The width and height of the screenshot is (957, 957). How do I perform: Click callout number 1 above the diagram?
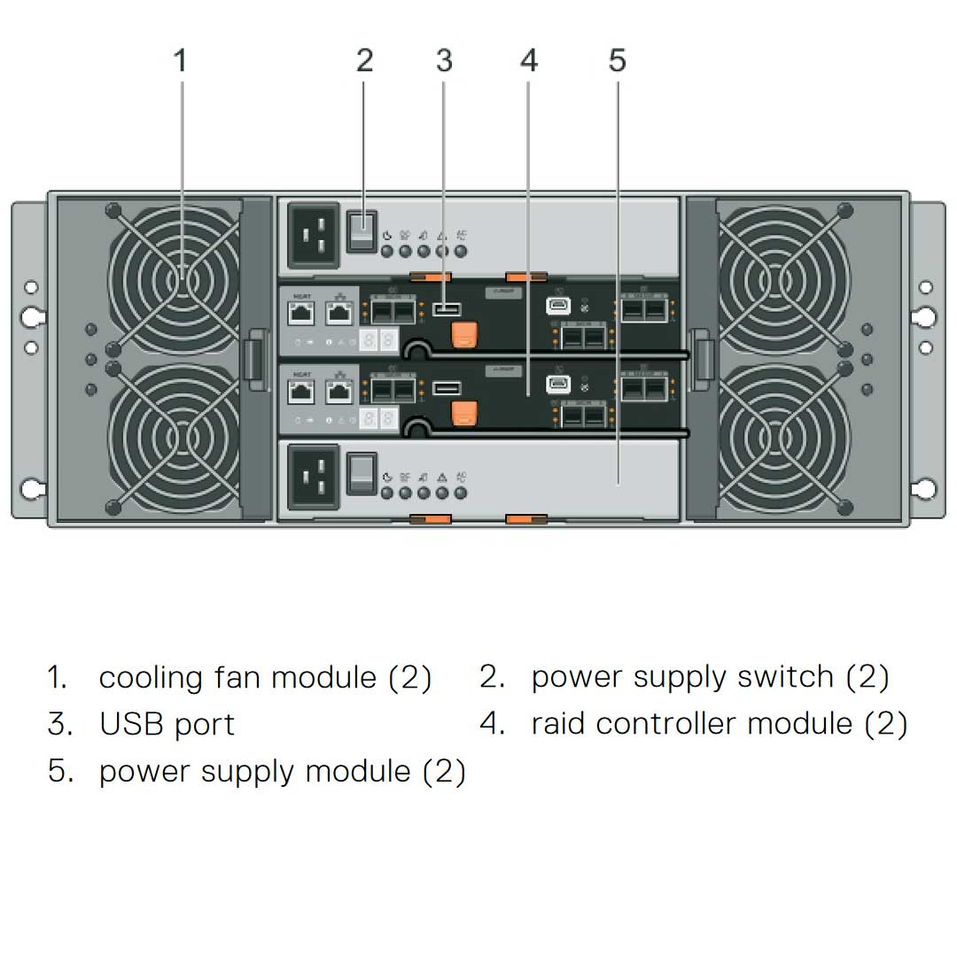181,61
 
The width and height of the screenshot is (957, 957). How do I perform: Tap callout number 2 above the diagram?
364,61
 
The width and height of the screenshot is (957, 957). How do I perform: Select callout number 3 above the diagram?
444,61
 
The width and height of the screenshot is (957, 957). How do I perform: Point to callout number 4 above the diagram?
529,61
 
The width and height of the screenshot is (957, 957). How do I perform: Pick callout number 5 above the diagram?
617,61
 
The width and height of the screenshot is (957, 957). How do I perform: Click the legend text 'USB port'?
167,724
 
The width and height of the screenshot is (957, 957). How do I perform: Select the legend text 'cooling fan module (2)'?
265,678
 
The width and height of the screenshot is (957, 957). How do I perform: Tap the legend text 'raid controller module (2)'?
719,724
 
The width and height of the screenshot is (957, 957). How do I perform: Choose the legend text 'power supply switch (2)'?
710,678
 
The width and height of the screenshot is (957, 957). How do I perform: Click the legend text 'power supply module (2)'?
282,771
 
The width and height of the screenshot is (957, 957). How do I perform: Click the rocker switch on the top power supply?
362,230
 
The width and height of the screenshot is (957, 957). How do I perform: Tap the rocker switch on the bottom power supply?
362,474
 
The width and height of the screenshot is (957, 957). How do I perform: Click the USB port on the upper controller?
447,309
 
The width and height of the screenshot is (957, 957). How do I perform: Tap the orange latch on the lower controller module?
464,412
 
